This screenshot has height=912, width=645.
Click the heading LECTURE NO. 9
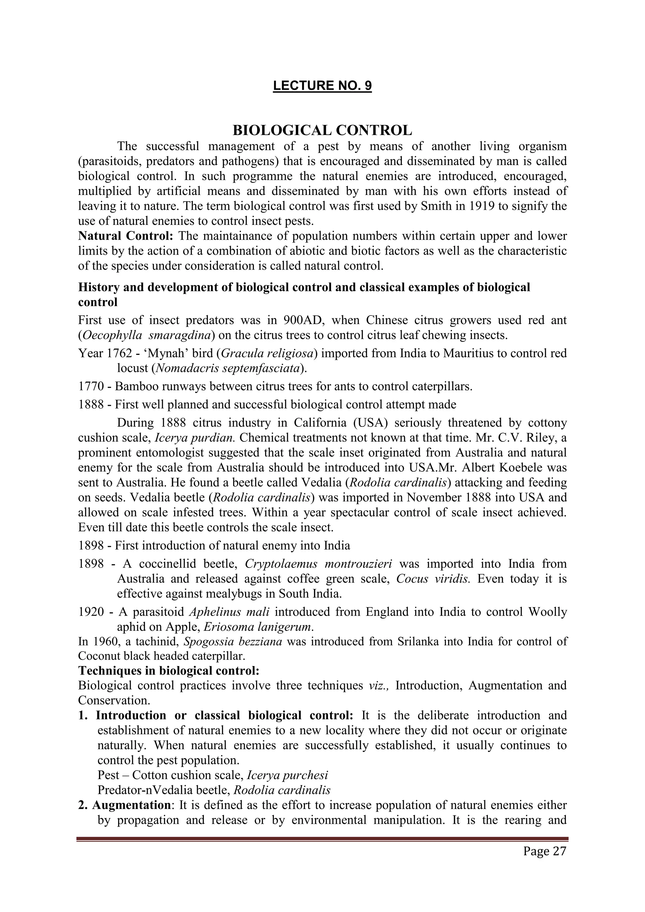click(x=322, y=86)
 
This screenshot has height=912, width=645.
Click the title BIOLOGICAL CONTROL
click(x=322, y=130)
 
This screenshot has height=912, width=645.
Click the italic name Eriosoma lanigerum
click(x=257, y=627)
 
